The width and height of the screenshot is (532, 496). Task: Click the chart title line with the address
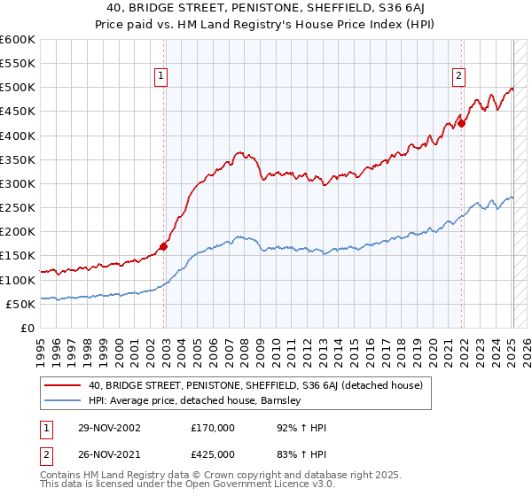pos(266,10)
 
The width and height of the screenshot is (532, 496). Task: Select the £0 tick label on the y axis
pos(27,328)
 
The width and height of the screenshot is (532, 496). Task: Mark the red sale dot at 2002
pos(164,246)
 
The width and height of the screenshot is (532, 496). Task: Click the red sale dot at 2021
pos(462,123)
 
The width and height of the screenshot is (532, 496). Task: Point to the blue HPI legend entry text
pos(195,400)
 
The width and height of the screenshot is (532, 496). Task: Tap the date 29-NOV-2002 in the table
pos(108,428)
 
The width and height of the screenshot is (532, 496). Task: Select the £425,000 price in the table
pos(212,454)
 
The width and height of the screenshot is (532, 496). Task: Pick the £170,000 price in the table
pos(212,428)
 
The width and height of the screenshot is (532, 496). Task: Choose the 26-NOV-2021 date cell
pos(108,454)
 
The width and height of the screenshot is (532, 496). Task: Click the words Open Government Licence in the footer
pos(217,486)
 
